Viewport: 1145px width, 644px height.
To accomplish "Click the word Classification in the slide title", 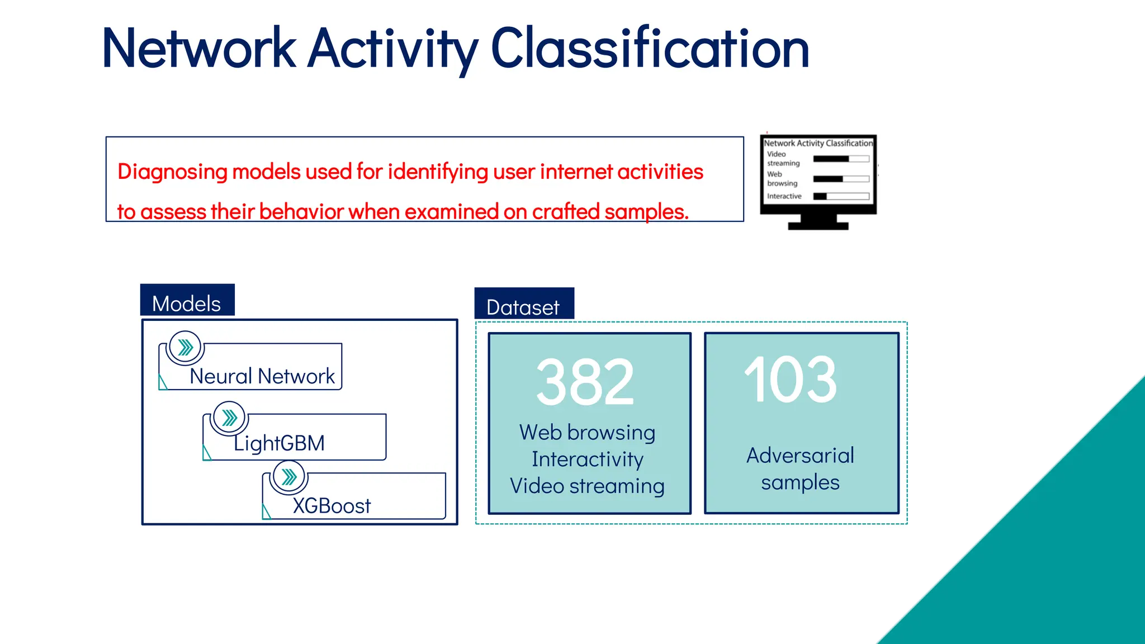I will (650, 49).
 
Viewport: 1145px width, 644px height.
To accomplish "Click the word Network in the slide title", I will (199, 49).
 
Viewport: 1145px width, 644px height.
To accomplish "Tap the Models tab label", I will (187, 304).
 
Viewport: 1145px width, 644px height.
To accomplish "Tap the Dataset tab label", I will (523, 307).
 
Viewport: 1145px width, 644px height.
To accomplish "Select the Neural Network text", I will (262, 376).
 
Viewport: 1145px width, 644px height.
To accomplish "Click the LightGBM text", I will (279, 443).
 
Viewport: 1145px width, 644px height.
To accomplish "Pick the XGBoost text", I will (332, 506).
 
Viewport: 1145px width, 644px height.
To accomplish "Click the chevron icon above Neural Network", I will (185, 348).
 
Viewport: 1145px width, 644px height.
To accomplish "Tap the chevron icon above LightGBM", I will (229, 418).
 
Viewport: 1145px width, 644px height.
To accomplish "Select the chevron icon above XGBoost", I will (288, 477).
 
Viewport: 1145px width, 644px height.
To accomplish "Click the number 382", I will (585, 383).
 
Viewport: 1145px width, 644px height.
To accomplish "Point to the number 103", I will (790, 381).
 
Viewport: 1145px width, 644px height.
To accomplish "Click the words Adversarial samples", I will (800, 468).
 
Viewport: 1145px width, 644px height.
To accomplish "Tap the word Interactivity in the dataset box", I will (587, 460).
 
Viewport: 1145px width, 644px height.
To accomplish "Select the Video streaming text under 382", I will (587, 486).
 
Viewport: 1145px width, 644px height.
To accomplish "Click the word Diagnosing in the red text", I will (172, 172).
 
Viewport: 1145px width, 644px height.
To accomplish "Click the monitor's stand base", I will (818, 225).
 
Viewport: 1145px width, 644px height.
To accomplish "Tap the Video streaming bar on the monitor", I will (841, 159).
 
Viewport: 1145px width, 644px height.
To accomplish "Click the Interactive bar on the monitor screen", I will (841, 196).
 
